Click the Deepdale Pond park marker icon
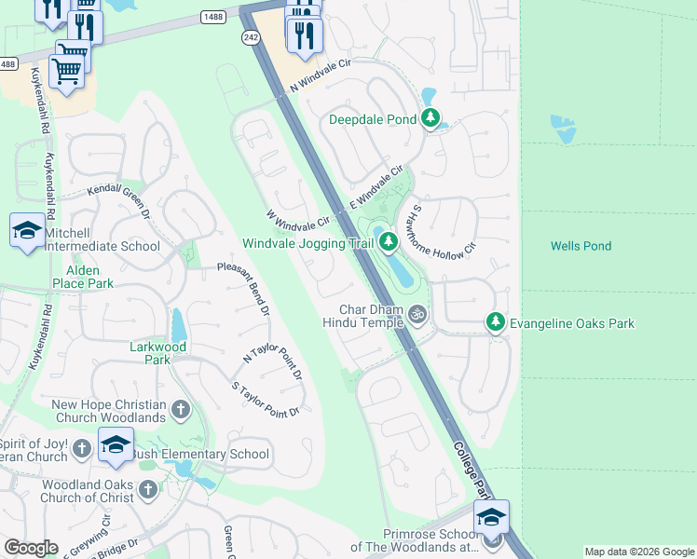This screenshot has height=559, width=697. (430, 118)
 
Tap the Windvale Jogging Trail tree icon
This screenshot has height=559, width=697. (388, 243)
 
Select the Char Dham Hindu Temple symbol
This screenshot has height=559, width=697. (417, 314)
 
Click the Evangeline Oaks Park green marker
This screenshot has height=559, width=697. (496, 322)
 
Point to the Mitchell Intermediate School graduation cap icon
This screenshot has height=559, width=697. (27, 231)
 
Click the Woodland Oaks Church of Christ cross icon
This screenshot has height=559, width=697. (147, 489)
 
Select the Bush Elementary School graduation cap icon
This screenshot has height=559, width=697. (116, 446)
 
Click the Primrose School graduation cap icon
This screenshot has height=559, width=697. (491, 517)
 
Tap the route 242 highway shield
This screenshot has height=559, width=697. (250, 36)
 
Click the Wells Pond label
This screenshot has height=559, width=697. (581, 246)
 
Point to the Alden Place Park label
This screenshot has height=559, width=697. (75, 277)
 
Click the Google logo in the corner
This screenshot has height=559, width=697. (31, 548)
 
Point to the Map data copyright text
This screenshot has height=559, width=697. (639, 552)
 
